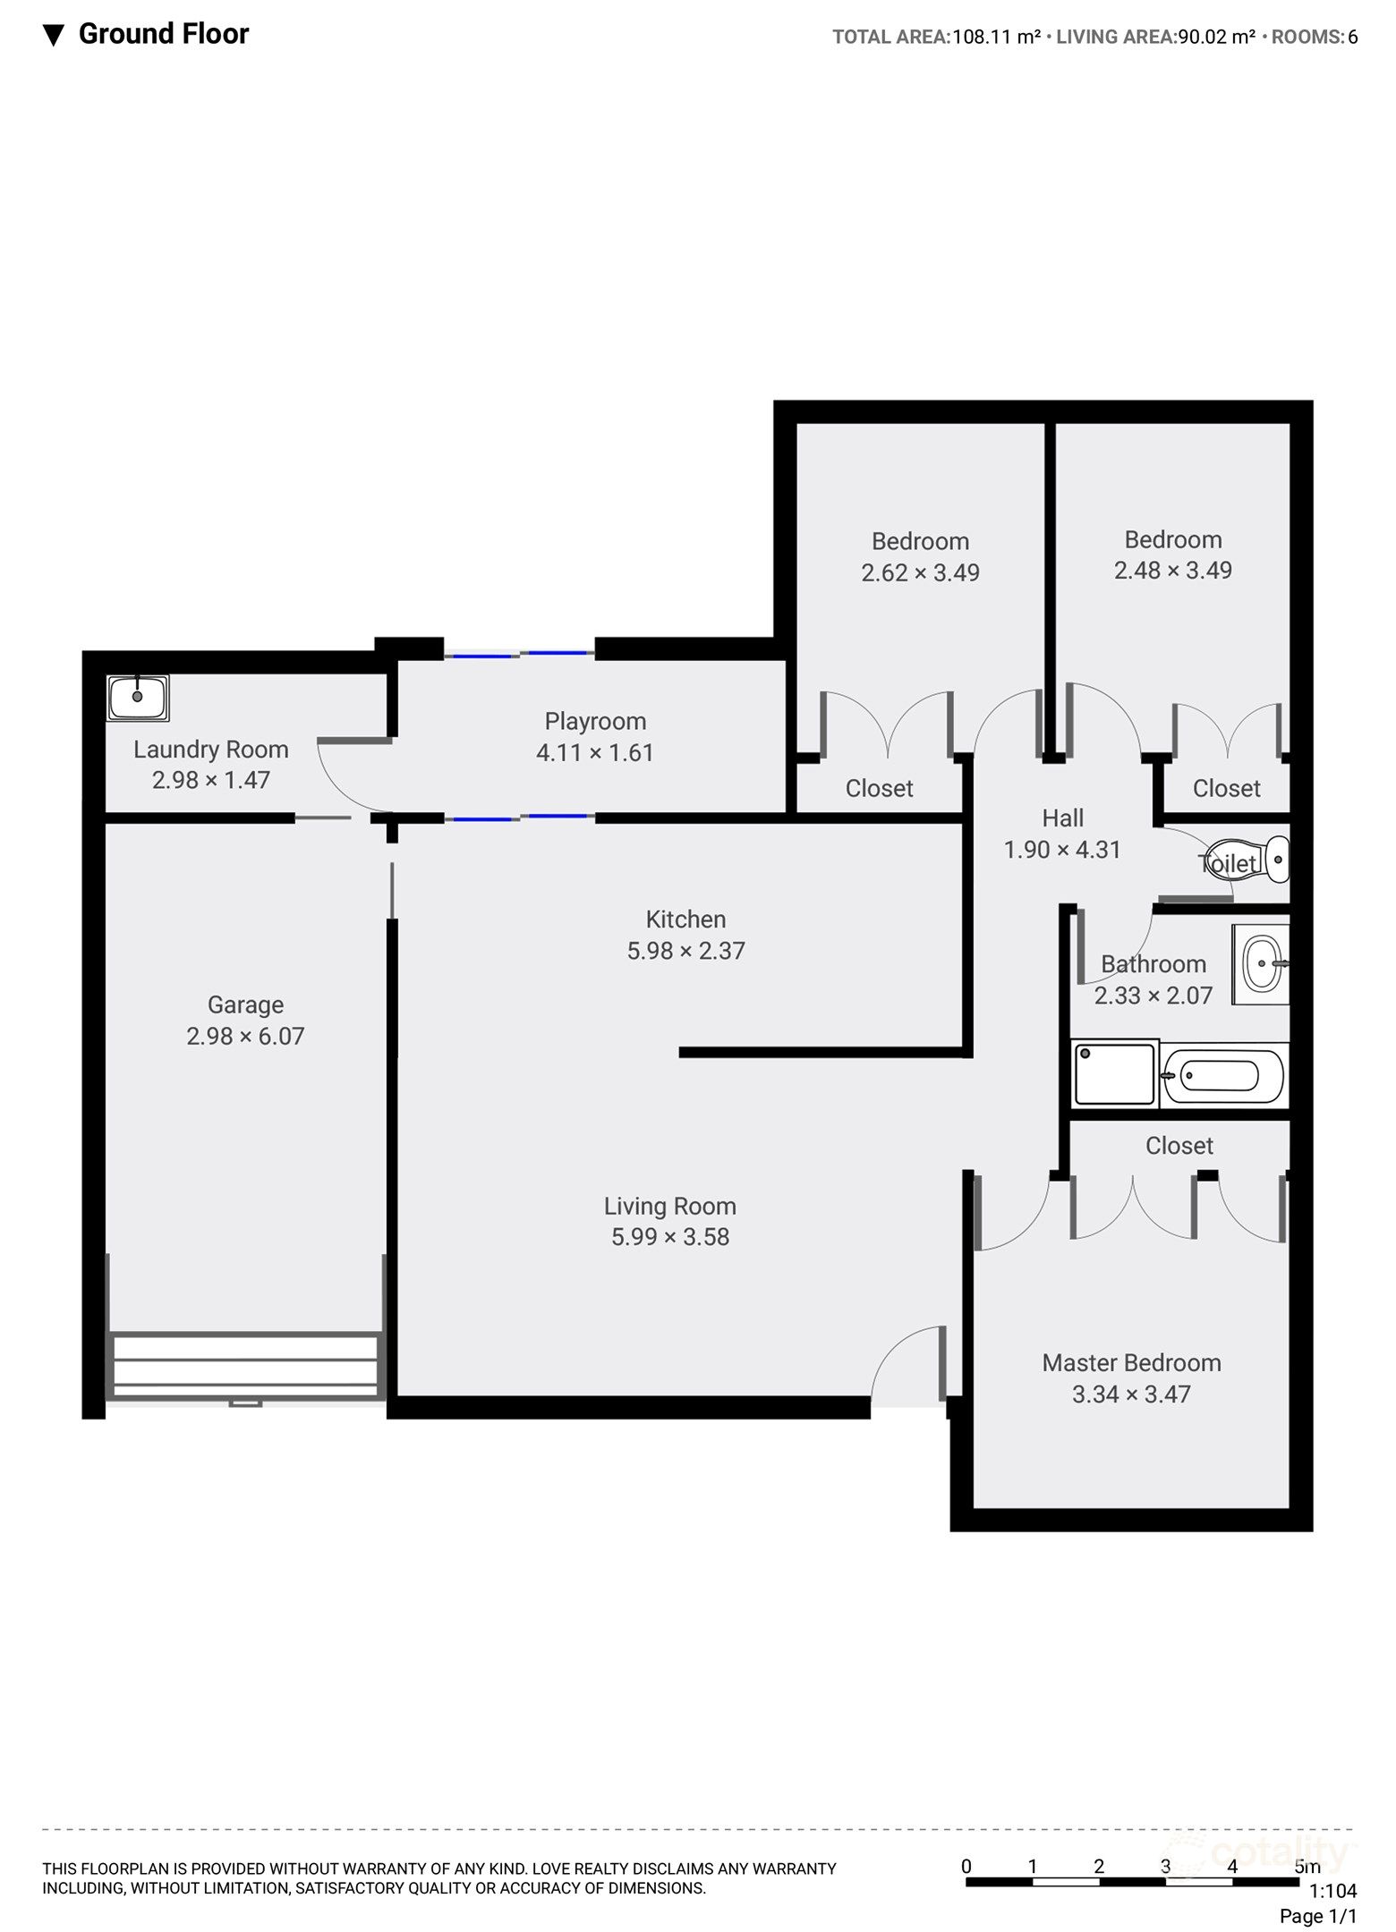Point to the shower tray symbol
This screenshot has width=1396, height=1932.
(1114, 1073)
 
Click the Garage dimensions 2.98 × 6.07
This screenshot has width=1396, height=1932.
(245, 1036)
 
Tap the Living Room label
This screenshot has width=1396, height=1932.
(669, 1206)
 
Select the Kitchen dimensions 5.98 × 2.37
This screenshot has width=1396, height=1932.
(685, 950)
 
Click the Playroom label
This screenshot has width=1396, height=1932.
(595, 721)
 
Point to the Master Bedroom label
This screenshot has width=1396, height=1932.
(1131, 1362)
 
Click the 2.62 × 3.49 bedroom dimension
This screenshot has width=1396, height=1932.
(920, 572)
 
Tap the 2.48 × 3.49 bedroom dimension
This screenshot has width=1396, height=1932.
(1172, 570)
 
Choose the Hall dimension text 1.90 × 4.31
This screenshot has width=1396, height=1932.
(1062, 849)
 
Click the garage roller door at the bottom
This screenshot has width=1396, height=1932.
(245, 1366)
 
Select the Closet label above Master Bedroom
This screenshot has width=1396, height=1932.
(1179, 1146)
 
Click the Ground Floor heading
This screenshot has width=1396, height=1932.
(163, 34)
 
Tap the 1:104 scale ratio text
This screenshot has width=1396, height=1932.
(1332, 1891)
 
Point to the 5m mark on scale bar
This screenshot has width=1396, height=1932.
(1307, 1867)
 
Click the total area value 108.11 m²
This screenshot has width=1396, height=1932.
(996, 37)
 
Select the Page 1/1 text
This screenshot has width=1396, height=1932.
(1317, 1916)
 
